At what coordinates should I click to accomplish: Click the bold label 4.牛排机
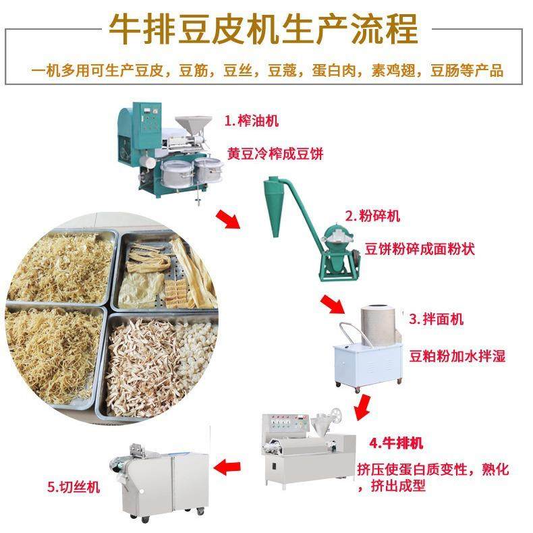(x=395, y=443)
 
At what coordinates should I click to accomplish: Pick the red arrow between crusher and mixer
(x=333, y=306)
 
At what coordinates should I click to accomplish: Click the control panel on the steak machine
(x=285, y=428)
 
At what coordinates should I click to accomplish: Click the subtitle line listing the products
(x=266, y=70)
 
